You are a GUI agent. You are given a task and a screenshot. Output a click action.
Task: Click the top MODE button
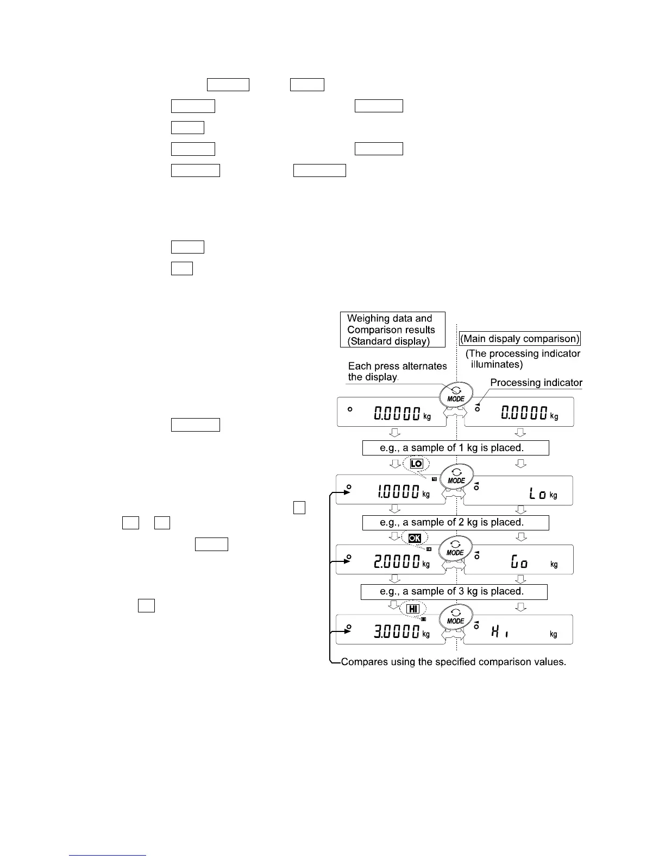[456, 394]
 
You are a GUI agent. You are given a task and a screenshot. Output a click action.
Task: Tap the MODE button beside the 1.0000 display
[456, 476]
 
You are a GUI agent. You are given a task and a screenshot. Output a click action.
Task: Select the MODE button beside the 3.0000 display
[456, 617]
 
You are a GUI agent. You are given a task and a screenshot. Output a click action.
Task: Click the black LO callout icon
[416, 464]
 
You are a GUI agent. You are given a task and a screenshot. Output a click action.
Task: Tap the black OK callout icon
[415, 539]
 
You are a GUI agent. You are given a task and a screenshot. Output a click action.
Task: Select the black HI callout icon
[413, 609]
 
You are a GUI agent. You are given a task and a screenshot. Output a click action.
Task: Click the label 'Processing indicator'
[536, 383]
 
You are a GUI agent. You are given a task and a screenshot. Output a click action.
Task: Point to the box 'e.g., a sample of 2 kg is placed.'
[455, 522]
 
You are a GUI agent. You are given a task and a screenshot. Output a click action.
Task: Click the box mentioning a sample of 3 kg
[454, 591]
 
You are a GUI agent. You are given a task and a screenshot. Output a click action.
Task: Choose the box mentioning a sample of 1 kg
[455, 448]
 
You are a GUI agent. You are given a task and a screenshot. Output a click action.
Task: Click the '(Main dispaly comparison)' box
[520, 339]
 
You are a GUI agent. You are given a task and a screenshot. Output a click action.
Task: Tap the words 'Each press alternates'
[397, 366]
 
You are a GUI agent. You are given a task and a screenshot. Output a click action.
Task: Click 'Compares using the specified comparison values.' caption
[453, 662]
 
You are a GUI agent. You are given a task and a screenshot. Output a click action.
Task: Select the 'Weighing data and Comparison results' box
[392, 329]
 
